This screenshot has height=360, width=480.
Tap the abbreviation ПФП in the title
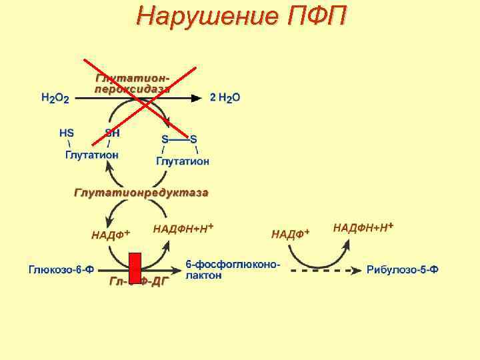coord(317,16)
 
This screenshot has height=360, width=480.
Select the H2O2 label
coord(55,98)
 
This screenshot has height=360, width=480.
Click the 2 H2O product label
coord(225,97)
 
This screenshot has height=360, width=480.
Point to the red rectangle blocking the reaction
coord(135,268)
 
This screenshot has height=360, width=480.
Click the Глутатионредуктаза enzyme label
coord(141,193)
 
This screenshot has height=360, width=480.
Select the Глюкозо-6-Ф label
coord(61,270)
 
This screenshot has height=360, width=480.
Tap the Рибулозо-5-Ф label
coord(402,270)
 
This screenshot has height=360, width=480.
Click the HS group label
coord(67,133)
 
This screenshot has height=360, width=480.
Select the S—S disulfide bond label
coord(179,139)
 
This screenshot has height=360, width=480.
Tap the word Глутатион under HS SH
coord(92,155)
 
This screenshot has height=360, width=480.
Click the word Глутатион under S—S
coord(183,161)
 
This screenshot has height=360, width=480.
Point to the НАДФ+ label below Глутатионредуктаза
coord(111,234)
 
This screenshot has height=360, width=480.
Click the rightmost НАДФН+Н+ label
coord(363,228)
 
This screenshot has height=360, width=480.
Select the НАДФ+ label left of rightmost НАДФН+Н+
coord(291,234)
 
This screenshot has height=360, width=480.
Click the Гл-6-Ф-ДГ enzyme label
coord(139,282)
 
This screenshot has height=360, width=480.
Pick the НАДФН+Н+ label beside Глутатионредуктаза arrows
coord(183,229)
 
